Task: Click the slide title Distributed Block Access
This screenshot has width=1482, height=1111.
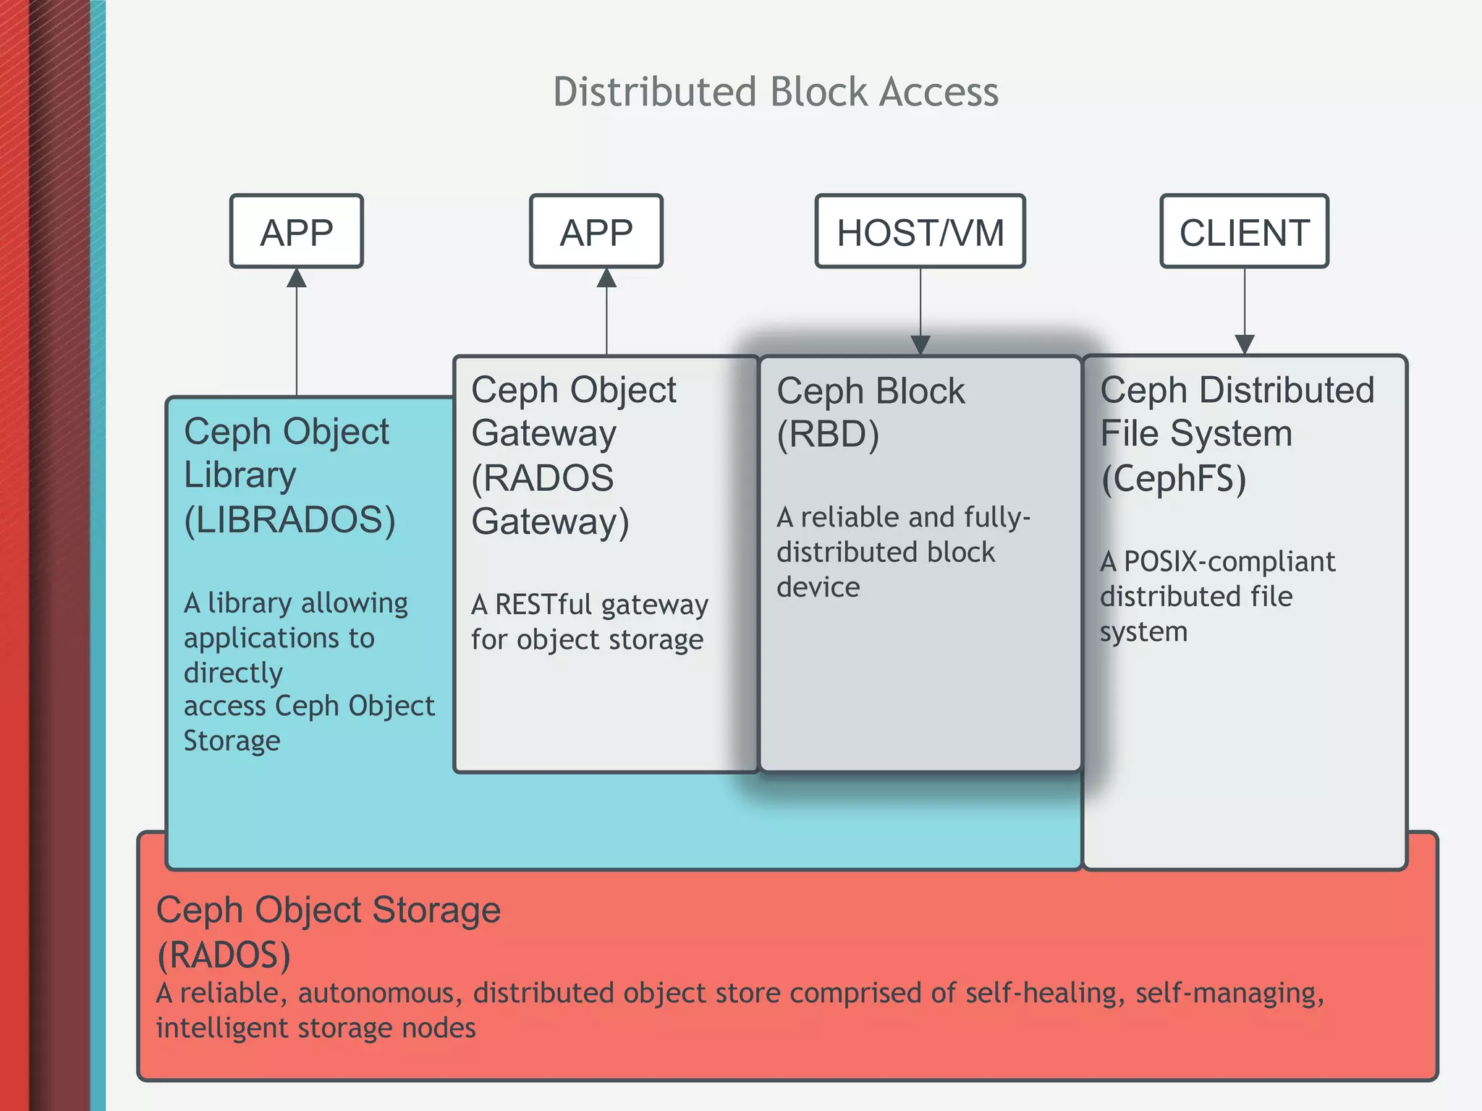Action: tap(776, 92)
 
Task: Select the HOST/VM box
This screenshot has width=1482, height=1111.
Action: tap(920, 232)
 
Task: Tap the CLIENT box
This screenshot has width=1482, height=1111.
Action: tap(1244, 232)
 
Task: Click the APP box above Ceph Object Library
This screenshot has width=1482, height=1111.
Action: tap(297, 232)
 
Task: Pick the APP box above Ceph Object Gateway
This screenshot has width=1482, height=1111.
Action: tap(596, 232)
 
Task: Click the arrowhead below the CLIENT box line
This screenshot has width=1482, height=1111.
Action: tap(1245, 344)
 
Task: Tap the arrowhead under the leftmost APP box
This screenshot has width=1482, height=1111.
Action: tap(297, 278)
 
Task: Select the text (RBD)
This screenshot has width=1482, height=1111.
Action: tap(828, 435)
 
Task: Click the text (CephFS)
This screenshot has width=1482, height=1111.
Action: tap(1173, 479)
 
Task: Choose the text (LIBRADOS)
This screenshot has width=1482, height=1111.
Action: tap(289, 520)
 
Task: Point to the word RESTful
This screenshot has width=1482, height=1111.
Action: tap(543, 604)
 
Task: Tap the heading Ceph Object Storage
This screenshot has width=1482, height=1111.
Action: tap(328, 910)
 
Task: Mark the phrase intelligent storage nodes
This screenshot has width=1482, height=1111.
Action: tap(316, 1028)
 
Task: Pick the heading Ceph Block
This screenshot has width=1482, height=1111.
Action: tap(871, 391)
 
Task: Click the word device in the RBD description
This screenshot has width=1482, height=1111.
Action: tap(818, 587)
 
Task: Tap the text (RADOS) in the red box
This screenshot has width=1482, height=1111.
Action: tap(224, 955)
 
